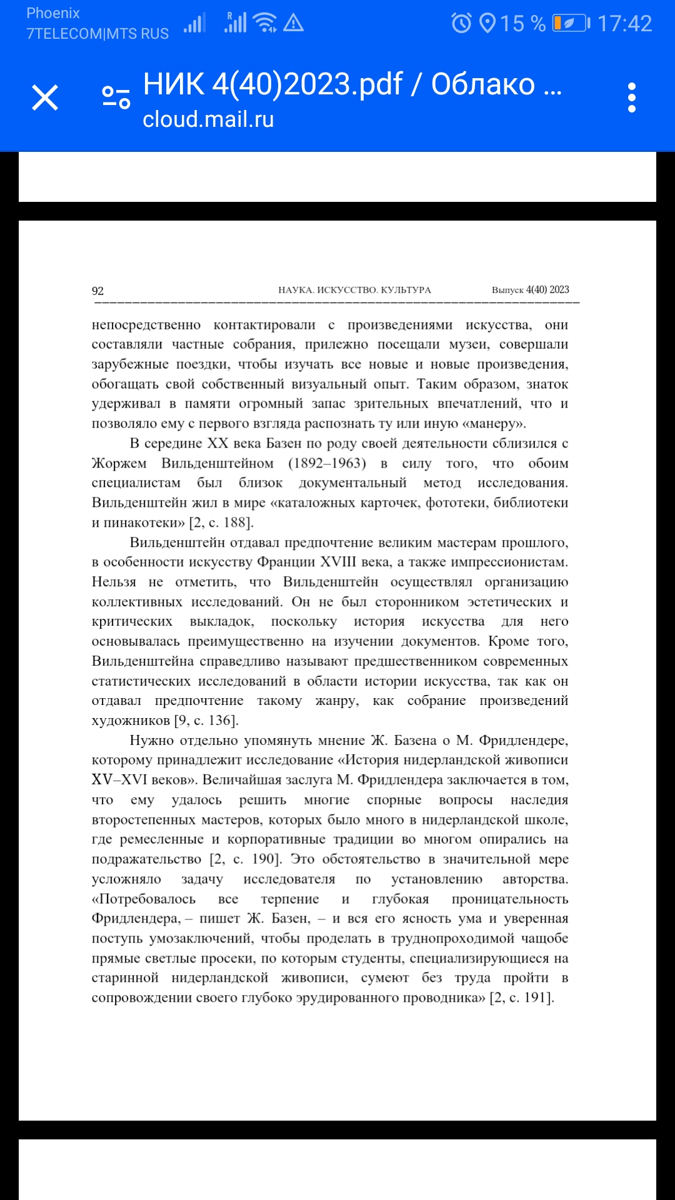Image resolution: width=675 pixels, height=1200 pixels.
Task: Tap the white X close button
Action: (45, 98)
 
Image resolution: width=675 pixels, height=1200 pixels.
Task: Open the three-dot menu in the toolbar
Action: (632, 98)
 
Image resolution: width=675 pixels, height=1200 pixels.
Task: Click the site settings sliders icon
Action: (116, 97)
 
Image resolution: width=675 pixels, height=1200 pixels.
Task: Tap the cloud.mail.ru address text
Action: (208, 119)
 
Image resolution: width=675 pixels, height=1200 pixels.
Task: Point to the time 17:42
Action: (624, 24)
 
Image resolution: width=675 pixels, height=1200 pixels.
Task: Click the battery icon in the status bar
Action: (571, 24)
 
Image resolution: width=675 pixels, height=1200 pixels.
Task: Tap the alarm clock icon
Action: (462, 24)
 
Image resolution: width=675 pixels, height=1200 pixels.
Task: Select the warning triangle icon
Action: (293, 24)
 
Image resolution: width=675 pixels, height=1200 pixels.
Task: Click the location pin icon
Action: (487, 24)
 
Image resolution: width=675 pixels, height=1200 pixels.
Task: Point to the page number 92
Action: (97, 291)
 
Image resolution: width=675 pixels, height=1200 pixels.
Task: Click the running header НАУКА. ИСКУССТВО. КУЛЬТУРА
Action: (354, 290)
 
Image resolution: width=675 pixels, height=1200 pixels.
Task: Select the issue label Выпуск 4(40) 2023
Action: (530, 290)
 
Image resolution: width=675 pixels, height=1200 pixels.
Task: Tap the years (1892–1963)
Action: (327, 463)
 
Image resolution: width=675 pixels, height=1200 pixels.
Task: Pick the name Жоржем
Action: (119, 463)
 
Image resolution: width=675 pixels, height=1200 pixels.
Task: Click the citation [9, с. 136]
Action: (206, 721)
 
